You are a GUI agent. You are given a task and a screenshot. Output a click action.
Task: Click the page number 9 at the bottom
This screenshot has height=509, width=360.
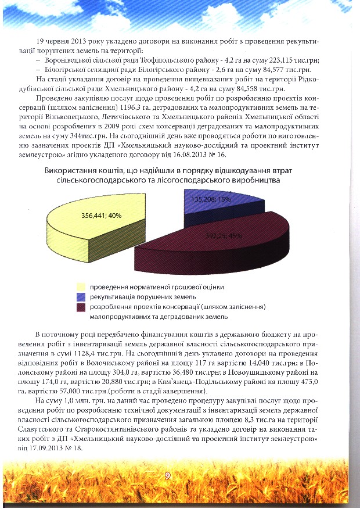tap(167, 475)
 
